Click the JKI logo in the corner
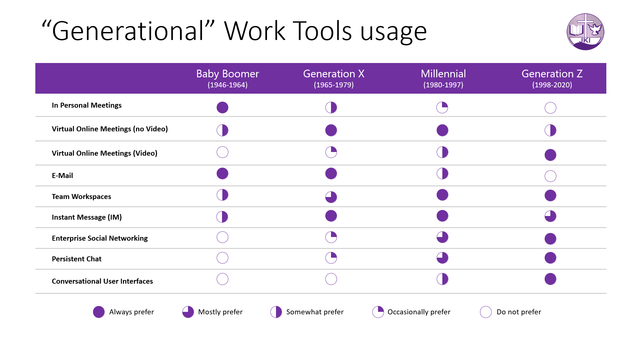point(585,32)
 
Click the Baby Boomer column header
point(228,78)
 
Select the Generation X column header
point(334,78)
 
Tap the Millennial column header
point(443,78)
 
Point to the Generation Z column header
point(552,78)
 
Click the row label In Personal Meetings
point(87,105)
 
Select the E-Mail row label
point(62,176)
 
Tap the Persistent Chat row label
point(77,259)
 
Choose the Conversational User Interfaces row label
point(102,281)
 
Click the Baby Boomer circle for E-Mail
point(222,173)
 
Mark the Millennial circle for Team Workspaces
point(442,195)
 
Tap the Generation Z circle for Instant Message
point(550,216)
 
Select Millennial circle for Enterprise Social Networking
point(442,237)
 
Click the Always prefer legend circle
point(99,312)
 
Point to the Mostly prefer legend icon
point(188,312)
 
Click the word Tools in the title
point(322,31)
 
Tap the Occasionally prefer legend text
point(419,312)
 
